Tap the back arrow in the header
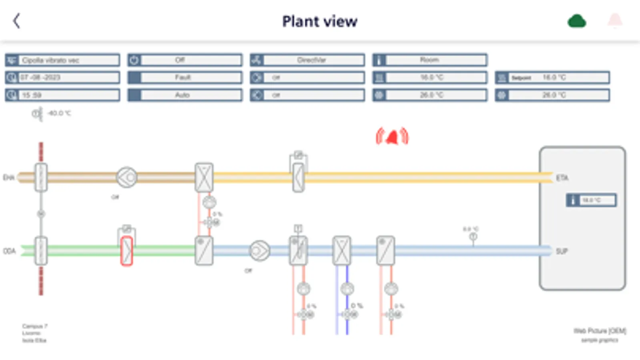click(16, 21)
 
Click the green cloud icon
click(577, 21)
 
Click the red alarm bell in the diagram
click(392, 137)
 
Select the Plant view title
click(319, 21)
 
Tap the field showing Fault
click(185, 78)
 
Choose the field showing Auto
click(185, 95)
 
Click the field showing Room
click(430, 60)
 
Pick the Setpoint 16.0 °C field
click(552, 78)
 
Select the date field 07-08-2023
click(62, 78)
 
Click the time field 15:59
click(62, 95)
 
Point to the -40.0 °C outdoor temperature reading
click(59, 114)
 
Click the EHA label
click(9, 178)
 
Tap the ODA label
click(9, 251)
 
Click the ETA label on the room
click(562, 178)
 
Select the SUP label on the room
click(562, 251)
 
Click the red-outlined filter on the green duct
click(126, 251)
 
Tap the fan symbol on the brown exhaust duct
click(126, 177)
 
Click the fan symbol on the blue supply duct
click(259, 251)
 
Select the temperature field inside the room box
click(591, 200)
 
